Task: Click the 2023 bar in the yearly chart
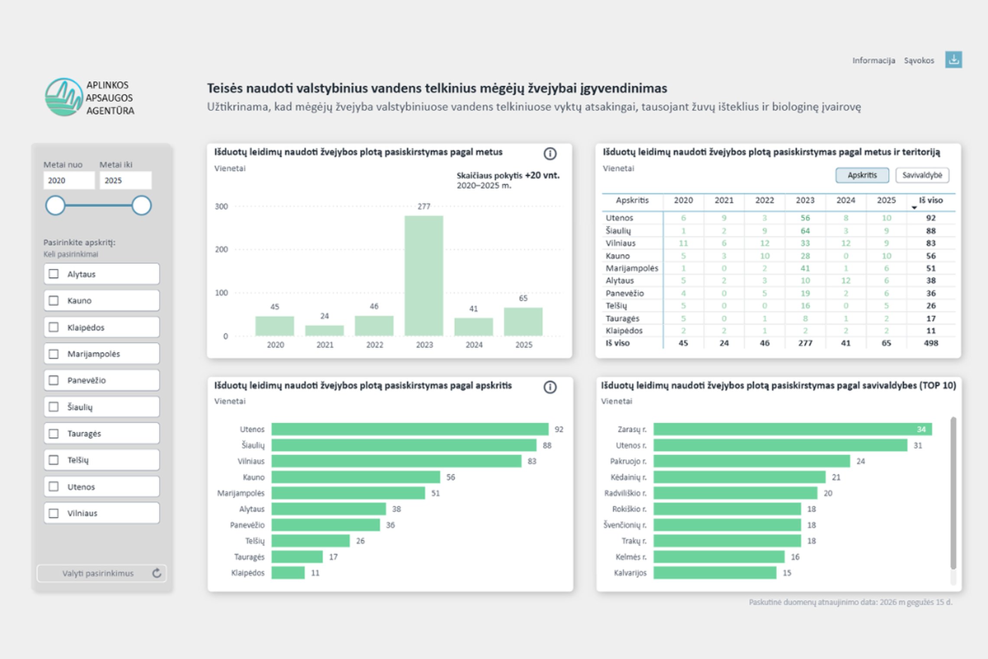tap(424, 276)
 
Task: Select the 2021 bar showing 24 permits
tap(325, 331)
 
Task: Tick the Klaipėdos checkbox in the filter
tap(54, 327)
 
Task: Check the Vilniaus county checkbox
tap(54, 513)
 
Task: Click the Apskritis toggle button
tap(862, 175)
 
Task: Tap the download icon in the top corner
tap(954, 60)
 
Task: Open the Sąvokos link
tap(919, 60)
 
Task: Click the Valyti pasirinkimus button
tap(102, 573)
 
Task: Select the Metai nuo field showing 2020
tap(69, 180)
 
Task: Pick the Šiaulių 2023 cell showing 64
tap(805, 231)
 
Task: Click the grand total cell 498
tap(931, 343)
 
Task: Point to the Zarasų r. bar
tap(793, 429)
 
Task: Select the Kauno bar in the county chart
tap(356, 477)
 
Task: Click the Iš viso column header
tap(931, 200)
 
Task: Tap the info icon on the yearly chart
tap(550, 153)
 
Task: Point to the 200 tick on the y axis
tap(221, 249)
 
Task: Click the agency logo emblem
tap(64, 97)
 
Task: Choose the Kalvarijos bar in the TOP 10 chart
tap(715, 573)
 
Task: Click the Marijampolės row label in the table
tap(632, 268)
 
